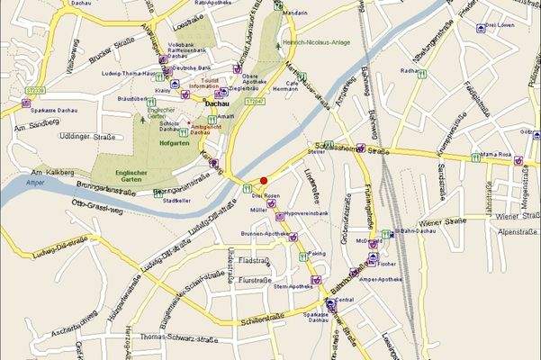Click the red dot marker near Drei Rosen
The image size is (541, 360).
[264, 180]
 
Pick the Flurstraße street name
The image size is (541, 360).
[255, 281]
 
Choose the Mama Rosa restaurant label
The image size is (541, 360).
[494, 155]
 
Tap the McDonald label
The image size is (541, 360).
[368, 241]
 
